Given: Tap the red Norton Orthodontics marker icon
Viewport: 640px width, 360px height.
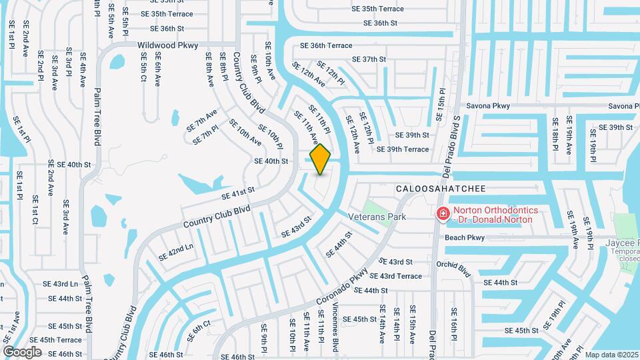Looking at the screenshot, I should tap(442, 214).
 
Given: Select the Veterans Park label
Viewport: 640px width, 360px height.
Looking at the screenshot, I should tap(377, 217).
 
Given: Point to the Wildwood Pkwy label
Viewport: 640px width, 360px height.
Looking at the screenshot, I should tap(168, 45).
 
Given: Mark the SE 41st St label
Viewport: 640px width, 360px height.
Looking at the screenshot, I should tap(238, 193).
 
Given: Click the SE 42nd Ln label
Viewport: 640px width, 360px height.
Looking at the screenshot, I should tap(175, 252).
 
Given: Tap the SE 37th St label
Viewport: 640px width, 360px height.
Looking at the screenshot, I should tap(369, 59).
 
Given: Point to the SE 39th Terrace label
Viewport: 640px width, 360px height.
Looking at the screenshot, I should tap(403, 149).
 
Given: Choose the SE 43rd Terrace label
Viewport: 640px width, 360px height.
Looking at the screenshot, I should tap(395, 276).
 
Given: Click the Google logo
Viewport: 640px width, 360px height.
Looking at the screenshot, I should tap(22, 352).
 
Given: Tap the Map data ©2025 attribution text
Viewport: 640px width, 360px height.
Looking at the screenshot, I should tap(611, 355).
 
